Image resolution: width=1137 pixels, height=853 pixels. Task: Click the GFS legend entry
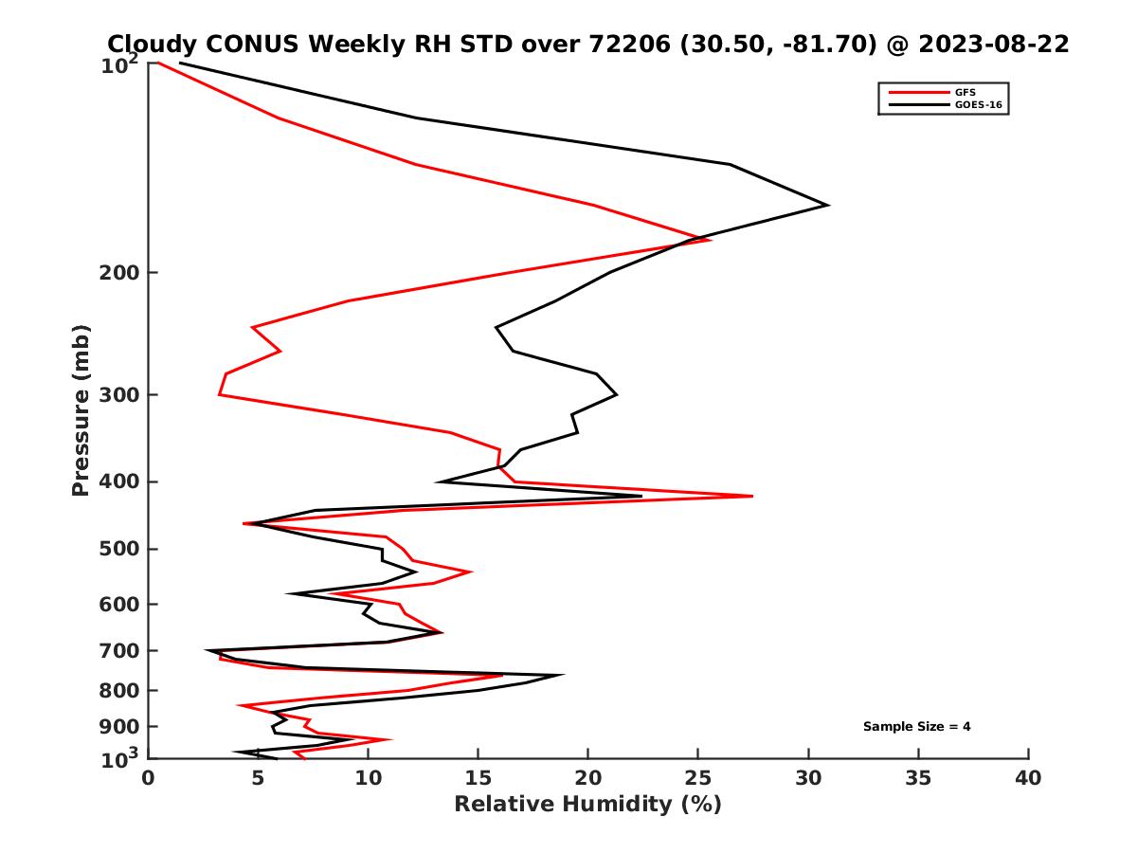(x=964, y=92)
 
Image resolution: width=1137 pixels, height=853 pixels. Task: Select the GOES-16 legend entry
(x=977, y=104)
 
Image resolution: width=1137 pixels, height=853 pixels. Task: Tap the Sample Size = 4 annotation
(x=916, y=727)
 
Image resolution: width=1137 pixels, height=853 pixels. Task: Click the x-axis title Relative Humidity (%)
(x=587, y=805)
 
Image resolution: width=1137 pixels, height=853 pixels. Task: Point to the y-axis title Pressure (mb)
(x=81, y=409)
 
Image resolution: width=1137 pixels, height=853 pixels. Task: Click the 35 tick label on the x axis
(x=918, y=779)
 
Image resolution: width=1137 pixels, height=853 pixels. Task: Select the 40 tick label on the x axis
(x=1028, y=779)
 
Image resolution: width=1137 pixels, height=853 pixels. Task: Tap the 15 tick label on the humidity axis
(x=478, y=779)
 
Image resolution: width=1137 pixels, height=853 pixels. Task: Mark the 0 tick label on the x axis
(x=149, y=779)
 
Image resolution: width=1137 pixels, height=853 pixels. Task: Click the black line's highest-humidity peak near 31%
(x=828, y=205)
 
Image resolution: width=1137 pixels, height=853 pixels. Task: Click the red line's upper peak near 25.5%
(x=711, y=240)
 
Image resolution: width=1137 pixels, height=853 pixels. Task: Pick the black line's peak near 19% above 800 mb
(x=564, y=675)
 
